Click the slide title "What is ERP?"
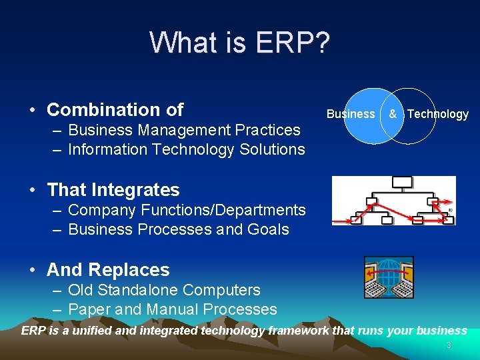tap(239, 42)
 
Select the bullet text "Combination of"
tap(115, 109)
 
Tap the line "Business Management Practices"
tap(184, 130)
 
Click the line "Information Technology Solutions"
tap(186, 149)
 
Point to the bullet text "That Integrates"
tap(113, 190)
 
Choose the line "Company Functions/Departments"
tap(187, 210)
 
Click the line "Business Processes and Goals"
tap(178, 229)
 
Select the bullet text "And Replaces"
tap(108, 270)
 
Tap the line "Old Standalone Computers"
tap(164, 290)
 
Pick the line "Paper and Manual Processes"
tap(172, 309)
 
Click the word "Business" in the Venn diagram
tap(351, 114)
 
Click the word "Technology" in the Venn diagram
tap(437, 114)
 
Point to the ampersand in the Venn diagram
tap(393, 114)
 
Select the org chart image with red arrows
tap(393, 201)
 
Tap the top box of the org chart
tap(402, 182)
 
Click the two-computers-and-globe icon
tap(388, 277)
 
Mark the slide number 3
tap(449, 345)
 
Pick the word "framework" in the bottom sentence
tap(297, 331)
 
